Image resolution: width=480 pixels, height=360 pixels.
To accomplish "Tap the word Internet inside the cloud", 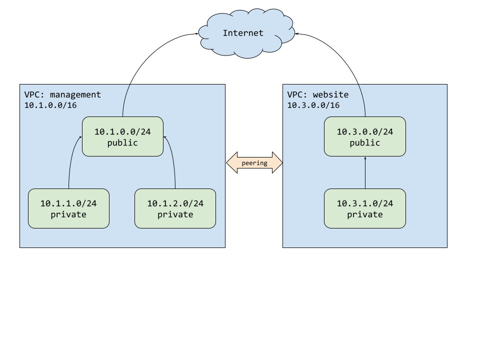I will click(243, 33).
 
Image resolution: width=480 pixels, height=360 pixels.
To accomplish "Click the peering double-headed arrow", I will click(254, 163).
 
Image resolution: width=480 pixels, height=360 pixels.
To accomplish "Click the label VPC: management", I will click(62, 94).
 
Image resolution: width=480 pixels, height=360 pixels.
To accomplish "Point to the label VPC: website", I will click(317, 94).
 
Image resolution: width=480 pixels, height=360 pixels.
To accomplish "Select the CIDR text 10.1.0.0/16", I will click(50, 105).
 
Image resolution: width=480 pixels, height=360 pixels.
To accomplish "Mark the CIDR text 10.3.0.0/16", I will click(313, 105).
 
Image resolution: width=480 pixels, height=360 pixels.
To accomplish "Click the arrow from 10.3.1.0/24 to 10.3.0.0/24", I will click(365, 172).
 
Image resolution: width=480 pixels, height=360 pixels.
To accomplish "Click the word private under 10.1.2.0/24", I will click(175, 214).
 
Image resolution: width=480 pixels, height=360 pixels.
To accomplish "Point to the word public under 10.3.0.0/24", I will click(364, 143).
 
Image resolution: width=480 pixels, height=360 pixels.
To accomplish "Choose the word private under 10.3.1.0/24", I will click(364, 214).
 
